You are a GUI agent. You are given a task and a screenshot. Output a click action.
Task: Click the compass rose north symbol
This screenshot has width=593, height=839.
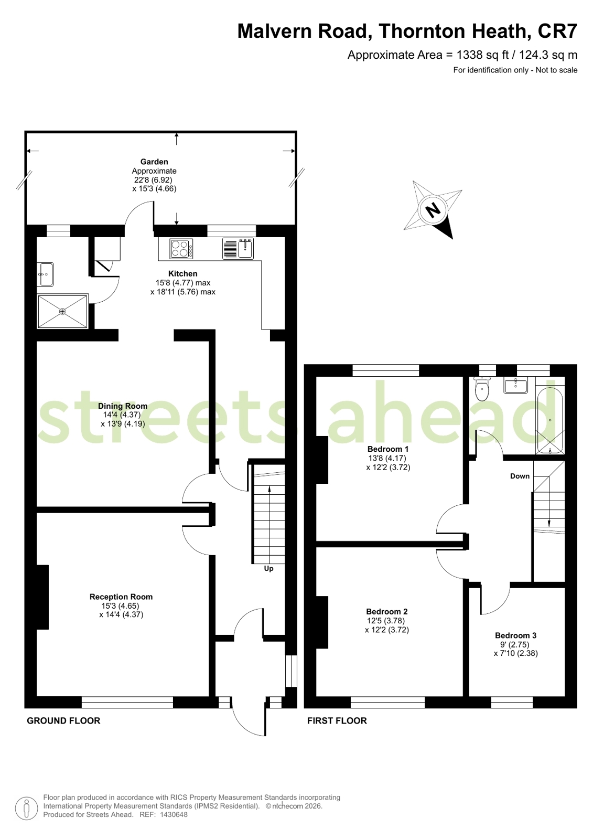pyautogui.click(x=433, y=210)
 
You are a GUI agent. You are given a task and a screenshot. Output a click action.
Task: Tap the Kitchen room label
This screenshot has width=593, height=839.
pyautogui.click(x=182, y=273)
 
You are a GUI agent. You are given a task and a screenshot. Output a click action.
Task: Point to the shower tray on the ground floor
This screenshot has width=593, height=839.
pyautogui.click(x=62, y=312)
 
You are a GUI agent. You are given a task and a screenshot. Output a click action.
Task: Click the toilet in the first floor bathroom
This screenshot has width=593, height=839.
pyautogui.click(x=481, y=389)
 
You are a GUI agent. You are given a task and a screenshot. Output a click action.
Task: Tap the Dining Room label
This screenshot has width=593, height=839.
pyautogui.click(x=123, y=406)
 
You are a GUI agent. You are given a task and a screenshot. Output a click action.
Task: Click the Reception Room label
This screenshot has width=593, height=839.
pyautogui.click(x=121, y=597)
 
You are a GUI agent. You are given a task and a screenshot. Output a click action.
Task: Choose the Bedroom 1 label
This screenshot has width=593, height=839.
pyautogui.click(x=388, y=449)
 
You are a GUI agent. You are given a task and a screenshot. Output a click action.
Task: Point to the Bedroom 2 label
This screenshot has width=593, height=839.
pyautogui.click(x=387, y=611)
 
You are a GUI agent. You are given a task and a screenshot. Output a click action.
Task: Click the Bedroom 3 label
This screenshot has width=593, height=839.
pyautogui.click(x=515, y=635)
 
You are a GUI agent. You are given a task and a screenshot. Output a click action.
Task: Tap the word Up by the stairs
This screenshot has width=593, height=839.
pyautogui.click(x=268, y=568)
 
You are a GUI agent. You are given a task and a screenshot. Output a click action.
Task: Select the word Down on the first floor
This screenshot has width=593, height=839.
pyautogui.click(x=520, y=476)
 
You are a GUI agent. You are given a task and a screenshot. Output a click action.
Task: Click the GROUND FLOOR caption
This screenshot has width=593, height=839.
pyautogui.click(x=63, y=720)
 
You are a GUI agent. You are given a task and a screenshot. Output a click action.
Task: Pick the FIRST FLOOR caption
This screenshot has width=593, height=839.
pyautogui.click(x=337, y=720)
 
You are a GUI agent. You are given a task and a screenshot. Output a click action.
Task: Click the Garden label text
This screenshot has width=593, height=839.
pyautogui.click(x=154, y=162)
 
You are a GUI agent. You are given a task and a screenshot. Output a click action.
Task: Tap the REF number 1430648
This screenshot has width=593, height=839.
pyautogui.click(x=174, y=815)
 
